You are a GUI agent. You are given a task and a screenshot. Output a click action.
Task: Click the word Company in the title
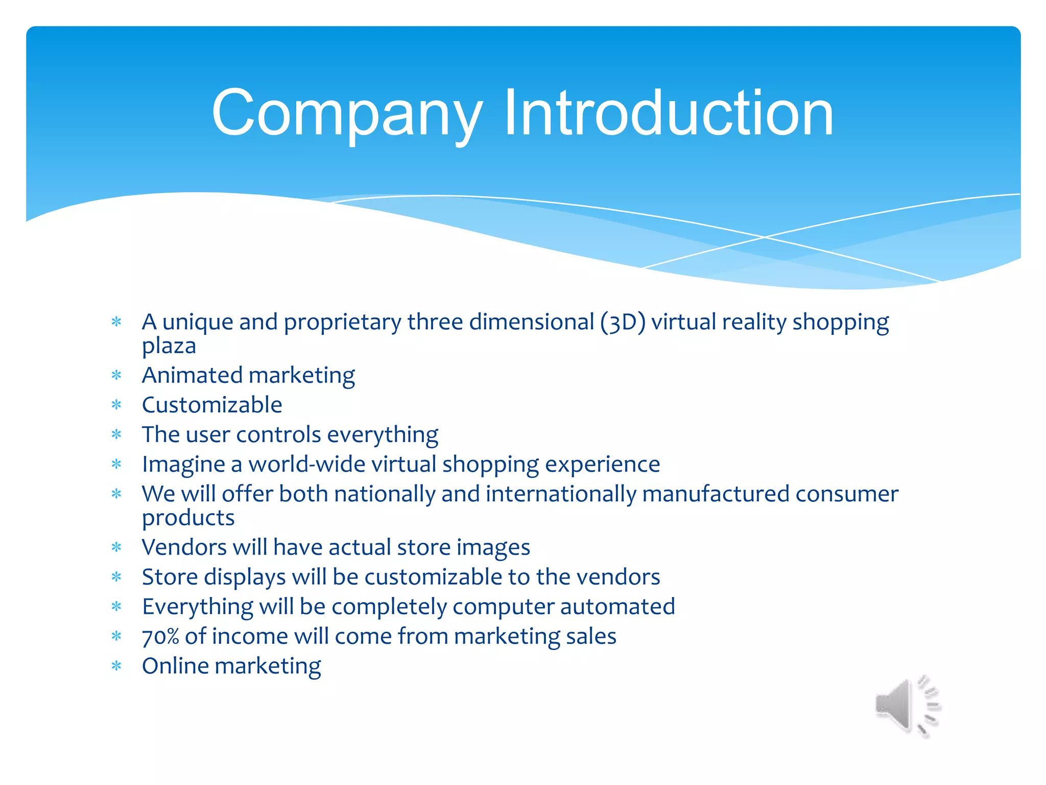347,113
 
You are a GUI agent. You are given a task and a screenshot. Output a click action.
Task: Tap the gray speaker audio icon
907,707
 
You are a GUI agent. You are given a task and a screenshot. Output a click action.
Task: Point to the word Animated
192,376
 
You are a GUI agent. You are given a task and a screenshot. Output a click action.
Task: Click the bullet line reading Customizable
212,405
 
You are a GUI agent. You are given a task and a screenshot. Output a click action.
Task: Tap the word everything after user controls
383,435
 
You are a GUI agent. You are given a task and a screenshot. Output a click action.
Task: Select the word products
188,518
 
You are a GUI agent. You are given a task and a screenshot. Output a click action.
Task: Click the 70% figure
160,637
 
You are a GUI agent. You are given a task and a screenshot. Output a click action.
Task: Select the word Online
175,666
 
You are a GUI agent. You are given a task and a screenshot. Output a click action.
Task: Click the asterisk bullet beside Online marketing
117,666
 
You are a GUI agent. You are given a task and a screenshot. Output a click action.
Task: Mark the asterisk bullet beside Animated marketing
117,376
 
